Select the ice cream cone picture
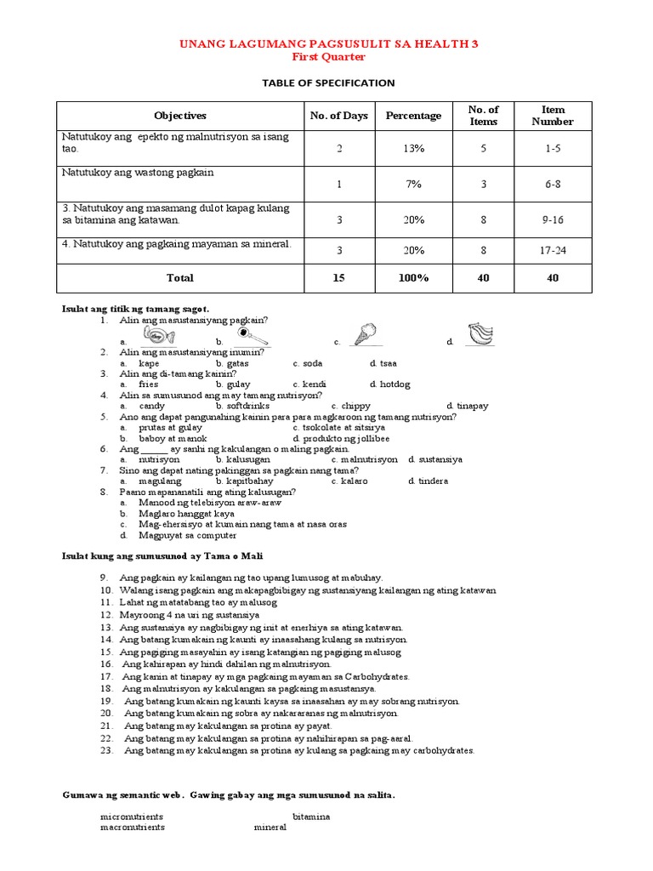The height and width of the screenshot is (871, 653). click(x=363, y=333)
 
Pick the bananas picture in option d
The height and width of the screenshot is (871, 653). click(x=482, y=333)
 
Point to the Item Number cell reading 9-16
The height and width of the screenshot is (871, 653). click(x=553, y=219)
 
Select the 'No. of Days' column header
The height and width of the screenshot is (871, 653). click(x=338, y=116)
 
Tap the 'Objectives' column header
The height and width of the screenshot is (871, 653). click(x=180, y=116)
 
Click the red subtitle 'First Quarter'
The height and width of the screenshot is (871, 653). click(x=328, y=57)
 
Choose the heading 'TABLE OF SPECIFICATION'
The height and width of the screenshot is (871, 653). click(x=328, y=83)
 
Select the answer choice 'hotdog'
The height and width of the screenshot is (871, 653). click(x=394, y=384)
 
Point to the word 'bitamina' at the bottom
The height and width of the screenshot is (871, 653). click(x=311, y=817)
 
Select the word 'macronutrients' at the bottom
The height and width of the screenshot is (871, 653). click(x=133, y=827)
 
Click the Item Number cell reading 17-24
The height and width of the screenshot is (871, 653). click(x=553, y=251)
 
